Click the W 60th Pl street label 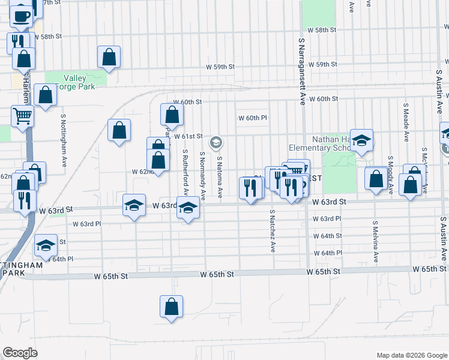[x=252, y=118]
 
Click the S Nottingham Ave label [x=64, y=142]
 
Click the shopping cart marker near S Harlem [x=22, y=115]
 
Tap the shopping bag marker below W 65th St [x=171, y=305]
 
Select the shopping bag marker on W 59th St [x=109, y=57]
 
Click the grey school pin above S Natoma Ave [x=215, y=143]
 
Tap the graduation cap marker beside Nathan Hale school [x=362, y=140]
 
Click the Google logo [x=20, y=353]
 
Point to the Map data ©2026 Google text [x=411, y=355]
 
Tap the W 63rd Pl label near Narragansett [x=327, y=218]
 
